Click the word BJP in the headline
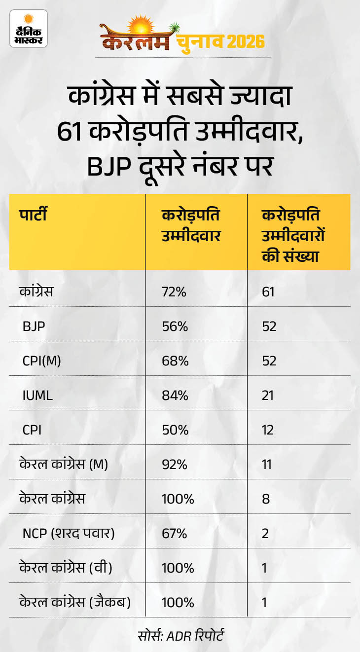[x=109, y=166]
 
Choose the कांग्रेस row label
[x=36, y=292]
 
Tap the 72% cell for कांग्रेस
[x=174, y=292]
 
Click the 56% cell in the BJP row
[x=174, y=326]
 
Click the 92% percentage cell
[x=175, y=465]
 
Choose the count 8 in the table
[x=266, y=499]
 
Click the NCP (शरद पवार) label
[x=69, y=534]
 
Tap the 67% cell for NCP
[x=174, y=534]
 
